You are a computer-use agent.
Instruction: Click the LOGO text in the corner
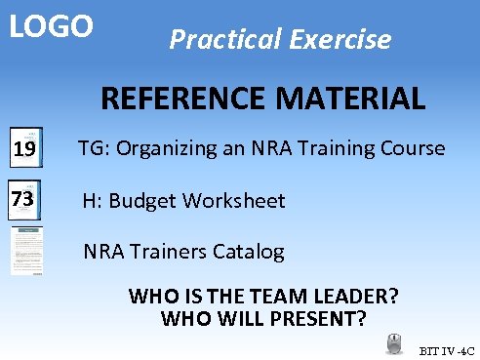(52, 26)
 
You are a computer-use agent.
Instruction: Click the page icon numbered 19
(26, 148)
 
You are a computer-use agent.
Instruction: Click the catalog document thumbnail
(26, 252)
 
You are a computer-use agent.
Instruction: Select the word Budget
(141, 201)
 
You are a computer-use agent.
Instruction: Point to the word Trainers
(169, 252)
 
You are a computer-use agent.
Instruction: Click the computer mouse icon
(394, 343)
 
